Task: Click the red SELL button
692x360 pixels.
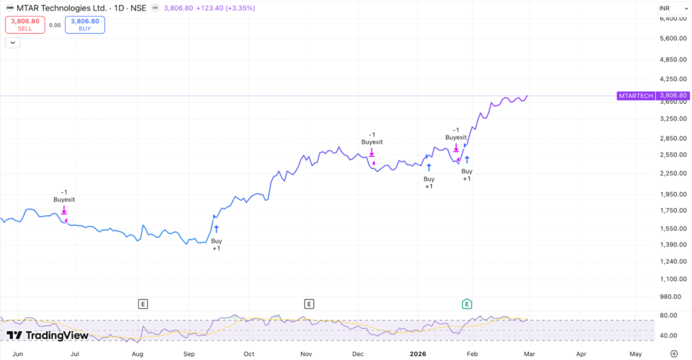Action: pyautogui.click(x=25, y=25)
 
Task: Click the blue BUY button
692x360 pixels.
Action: pyautogui.click(x=84, y=25)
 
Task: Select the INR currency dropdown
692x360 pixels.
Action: pyautogui.click(x=666, y=8)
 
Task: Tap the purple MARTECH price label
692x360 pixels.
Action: pyautogui.click(x=636, y=96)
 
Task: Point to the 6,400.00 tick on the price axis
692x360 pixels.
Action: pyautogui.click(x=672, y=18)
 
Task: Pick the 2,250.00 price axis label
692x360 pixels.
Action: pyautogui.click(x=672, y=174)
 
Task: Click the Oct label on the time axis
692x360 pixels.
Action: pyautogui.click(x=249, y=353)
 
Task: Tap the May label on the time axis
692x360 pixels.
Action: pyautogui.click(x=635, y=353)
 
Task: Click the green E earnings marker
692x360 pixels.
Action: pyautogui.click(x=467, y=304)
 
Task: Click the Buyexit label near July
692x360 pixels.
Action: pyautogui.click(x=64, y=200)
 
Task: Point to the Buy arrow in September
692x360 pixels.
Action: pyautogui.click(x=216, y=229)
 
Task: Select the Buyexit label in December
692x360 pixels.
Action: pyautogui.click(x=372, y=143)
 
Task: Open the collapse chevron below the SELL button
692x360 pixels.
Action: pyautogui.click(x=13, y=43)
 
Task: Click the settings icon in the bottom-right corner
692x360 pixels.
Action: pyautogui.click(x=674, y=353)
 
